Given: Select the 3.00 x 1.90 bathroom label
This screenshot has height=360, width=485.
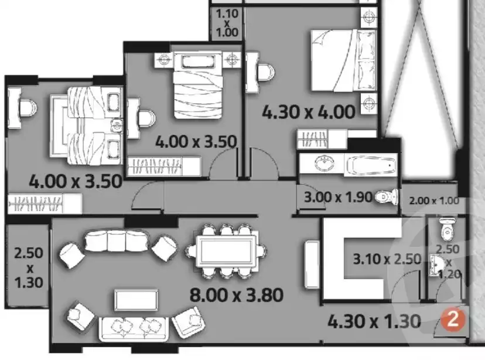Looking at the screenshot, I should [x=339, y=197].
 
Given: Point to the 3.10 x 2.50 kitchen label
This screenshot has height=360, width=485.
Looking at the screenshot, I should [x=387, y=259].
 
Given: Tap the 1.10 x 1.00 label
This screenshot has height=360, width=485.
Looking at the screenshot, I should [x=227, y=23].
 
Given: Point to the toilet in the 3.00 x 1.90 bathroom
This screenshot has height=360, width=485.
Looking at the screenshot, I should [x=384, y=196].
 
